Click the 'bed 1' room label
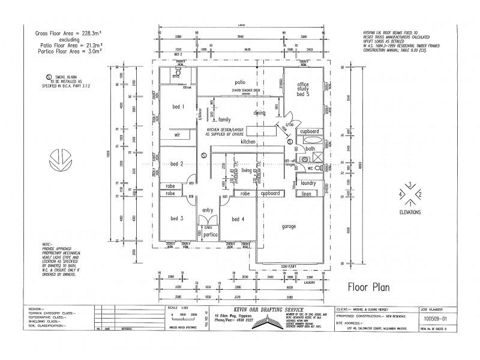tap(178, 107)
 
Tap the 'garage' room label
tap(290, 227)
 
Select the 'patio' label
tap(241, 82)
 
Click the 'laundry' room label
tap(309, 182)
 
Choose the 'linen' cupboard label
tap(307, 194)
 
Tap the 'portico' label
tap(210, 235)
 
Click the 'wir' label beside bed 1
tap(177, 136)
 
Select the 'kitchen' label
tap(248, 142)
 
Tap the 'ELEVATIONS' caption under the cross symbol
tap(409, 213)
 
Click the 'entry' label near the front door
tap(208, 209)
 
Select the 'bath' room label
tap(310, 148)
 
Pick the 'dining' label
tap(259, 112)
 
